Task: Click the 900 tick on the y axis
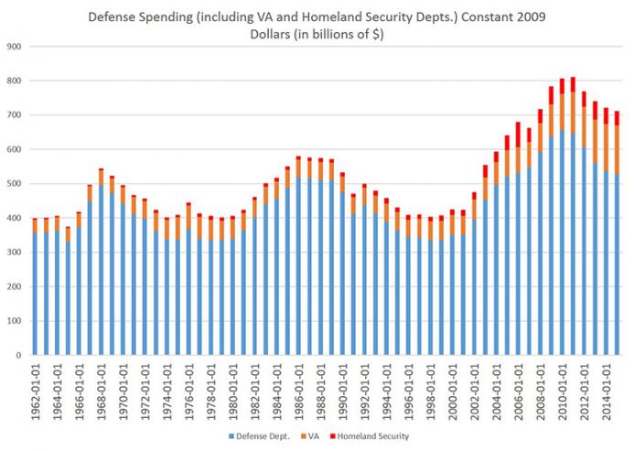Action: coord(14,46)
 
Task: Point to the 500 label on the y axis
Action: coord(14,183)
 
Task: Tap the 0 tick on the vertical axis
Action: coord(18,355)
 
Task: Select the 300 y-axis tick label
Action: coord(14,252)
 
